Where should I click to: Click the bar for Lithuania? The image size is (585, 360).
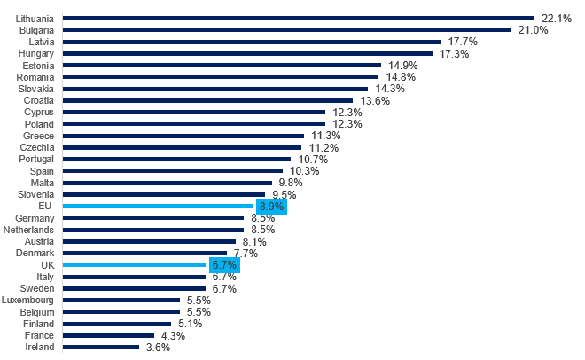coord(299,18)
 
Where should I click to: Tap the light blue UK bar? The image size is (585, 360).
coord(135,264)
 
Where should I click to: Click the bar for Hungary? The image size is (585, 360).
coord(248,53)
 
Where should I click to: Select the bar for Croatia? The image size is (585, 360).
coord(208,100)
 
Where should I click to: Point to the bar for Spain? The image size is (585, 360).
coord(173,170)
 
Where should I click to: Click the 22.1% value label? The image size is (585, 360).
coord(555,19)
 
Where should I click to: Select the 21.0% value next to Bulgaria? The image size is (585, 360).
coord(533,30)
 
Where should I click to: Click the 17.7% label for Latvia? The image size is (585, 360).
coord(463,42)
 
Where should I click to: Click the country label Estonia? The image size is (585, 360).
coord(36,65)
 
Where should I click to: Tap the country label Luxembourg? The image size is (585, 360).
coord(29,300)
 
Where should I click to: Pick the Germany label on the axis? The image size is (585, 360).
coord(35,217)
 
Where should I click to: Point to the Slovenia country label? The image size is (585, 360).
coord(35,194)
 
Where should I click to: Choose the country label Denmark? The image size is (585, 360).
coord(35,253)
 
